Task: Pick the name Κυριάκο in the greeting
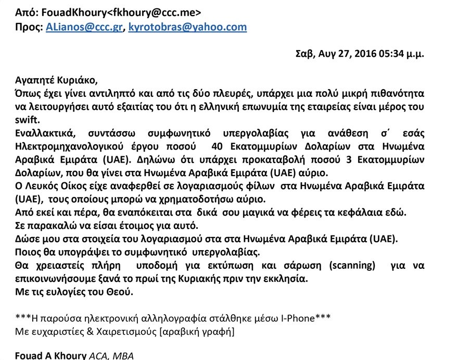click(74, 81)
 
